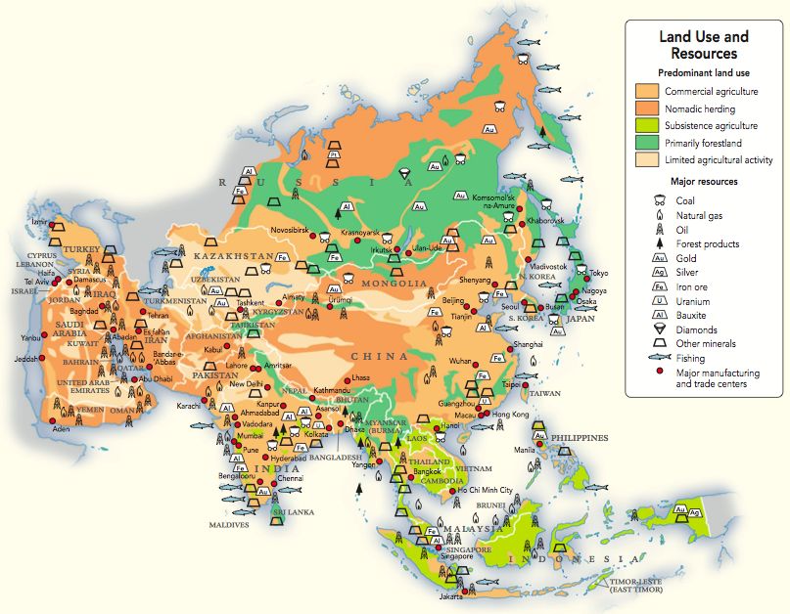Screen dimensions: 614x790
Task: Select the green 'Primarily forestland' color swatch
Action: pyautogui.click(x=647, y=143)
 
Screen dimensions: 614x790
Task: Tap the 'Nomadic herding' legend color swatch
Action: pyautogui.click(x=647, y=109)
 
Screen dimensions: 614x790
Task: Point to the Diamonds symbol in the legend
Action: pyautogui.click(x=647, y=329)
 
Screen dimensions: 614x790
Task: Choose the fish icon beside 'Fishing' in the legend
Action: pyautogui.click(x=647, y=358)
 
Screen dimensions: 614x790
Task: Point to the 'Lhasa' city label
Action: pyautogui.click(x=361, y=376)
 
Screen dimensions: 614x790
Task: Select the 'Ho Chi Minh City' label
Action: pyautogui.click(x=480, y=490)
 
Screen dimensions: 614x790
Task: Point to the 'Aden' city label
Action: pyautogui.click(x=62, y=429)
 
